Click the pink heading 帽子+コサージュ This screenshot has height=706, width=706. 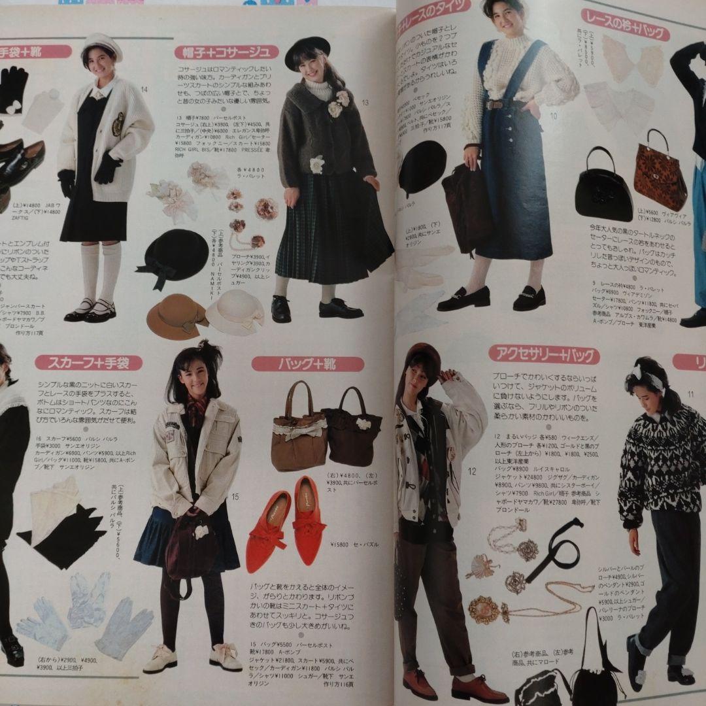coord(226,52)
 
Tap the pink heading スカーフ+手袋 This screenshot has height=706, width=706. coord(88,362)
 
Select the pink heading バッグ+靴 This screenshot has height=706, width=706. coord(307,364)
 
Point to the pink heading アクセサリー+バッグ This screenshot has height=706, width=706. coord(544,354)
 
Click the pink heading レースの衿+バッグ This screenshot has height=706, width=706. coord(625,25)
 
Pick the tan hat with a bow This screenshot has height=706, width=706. coord(176,316)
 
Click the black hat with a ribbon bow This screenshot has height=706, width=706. coord(173,256)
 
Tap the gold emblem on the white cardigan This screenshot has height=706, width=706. coord(118,124)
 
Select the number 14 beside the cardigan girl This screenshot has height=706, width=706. coord(144,90)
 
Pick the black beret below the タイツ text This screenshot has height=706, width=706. coord(422,166)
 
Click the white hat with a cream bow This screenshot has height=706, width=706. coord(235,312)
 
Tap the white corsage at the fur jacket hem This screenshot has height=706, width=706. coord(318,164)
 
